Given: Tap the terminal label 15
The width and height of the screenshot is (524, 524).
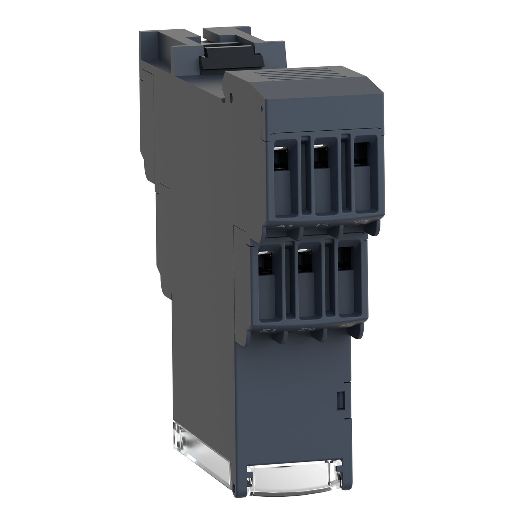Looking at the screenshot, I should point(322,224).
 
